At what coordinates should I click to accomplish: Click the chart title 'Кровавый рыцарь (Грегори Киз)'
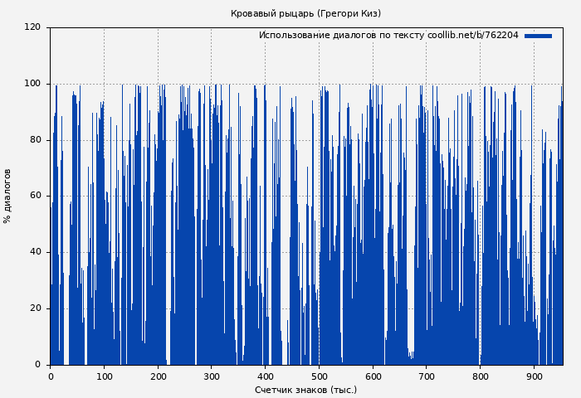coord(305,13)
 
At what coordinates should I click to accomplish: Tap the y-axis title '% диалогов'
coord(7,196)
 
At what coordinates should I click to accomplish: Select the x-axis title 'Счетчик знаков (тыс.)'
coord(305,390)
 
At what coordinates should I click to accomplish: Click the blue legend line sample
coord(538,36)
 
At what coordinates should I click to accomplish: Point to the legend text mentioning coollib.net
coord(388,36)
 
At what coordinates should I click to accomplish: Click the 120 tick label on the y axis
coord(32,27)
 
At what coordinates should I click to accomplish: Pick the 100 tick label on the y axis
coord(32,84)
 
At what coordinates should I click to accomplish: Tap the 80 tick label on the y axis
coord(35,139)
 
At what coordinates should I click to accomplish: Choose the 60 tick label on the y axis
coord(35,196)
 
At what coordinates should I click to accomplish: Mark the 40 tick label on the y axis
coord(35,252)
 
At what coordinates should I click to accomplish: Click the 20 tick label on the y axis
coord(35,308)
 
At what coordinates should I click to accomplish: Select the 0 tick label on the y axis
coord(37,365)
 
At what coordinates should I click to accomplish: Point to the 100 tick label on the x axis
coord(104,376)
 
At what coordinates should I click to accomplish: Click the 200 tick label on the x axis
coord(158,376)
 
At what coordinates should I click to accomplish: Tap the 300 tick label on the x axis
coord(211,376)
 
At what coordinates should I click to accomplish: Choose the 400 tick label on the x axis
coord(265,376)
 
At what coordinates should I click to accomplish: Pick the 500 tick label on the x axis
coord(319,376)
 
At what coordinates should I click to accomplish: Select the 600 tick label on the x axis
coord(373,376)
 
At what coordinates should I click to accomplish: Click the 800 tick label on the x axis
coord(480,376)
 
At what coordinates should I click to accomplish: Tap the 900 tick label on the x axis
coord(534,376)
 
